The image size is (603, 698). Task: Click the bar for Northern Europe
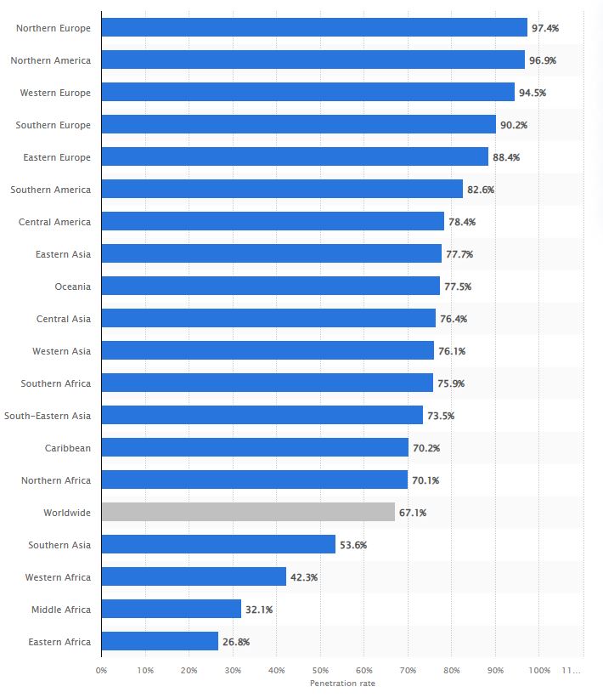click(x=314, y=28)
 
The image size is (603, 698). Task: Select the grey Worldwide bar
click(x=248, y=512)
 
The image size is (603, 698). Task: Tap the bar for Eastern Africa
click(x=160, y=641)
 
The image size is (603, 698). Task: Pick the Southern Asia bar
click(x=218, y=544)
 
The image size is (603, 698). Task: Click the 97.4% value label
click(x=544, y=28)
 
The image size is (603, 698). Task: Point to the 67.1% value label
click(x=412, y=513)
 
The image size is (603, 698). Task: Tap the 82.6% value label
click(x=480, y=190)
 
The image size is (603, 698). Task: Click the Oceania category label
click(x=72, y=287)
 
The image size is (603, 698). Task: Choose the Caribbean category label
click(x=67, y=448)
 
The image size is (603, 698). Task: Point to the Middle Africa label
click(x=61, y=610)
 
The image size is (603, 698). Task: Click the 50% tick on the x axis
click(x=320, y=671)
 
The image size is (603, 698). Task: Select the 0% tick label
click(x=101, y=671)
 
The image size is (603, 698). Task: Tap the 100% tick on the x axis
click(x=538, y=671)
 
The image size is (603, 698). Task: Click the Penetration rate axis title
click(x=342, y=684)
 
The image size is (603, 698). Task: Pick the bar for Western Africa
click(x=194, y=576)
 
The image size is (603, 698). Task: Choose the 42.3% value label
click(x=304, y=577)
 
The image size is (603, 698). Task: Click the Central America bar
click(x=273, y=222)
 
